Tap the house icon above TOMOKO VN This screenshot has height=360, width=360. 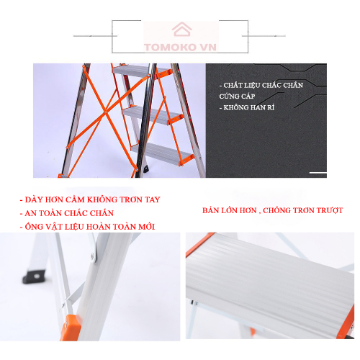click(x=180, y=29)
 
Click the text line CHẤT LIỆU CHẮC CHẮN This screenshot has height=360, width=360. click(x=261, y=85)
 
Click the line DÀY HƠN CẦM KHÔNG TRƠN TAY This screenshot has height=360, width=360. click(x=90, y=199)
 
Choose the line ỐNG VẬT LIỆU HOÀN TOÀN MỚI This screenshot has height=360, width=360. click(x=88, y=227)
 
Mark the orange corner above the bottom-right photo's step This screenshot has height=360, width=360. click(x=198, y=245)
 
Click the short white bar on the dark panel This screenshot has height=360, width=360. click(x=318, y=174)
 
